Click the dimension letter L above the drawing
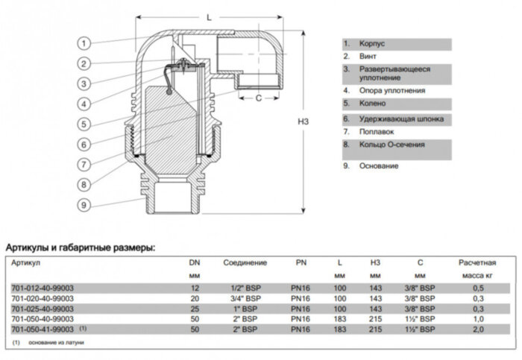tap(208, 16)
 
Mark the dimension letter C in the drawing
tap(257, 97)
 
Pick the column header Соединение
tap(245, 263)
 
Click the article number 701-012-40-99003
tap(42, 288)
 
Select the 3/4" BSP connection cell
tap(245, 298)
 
